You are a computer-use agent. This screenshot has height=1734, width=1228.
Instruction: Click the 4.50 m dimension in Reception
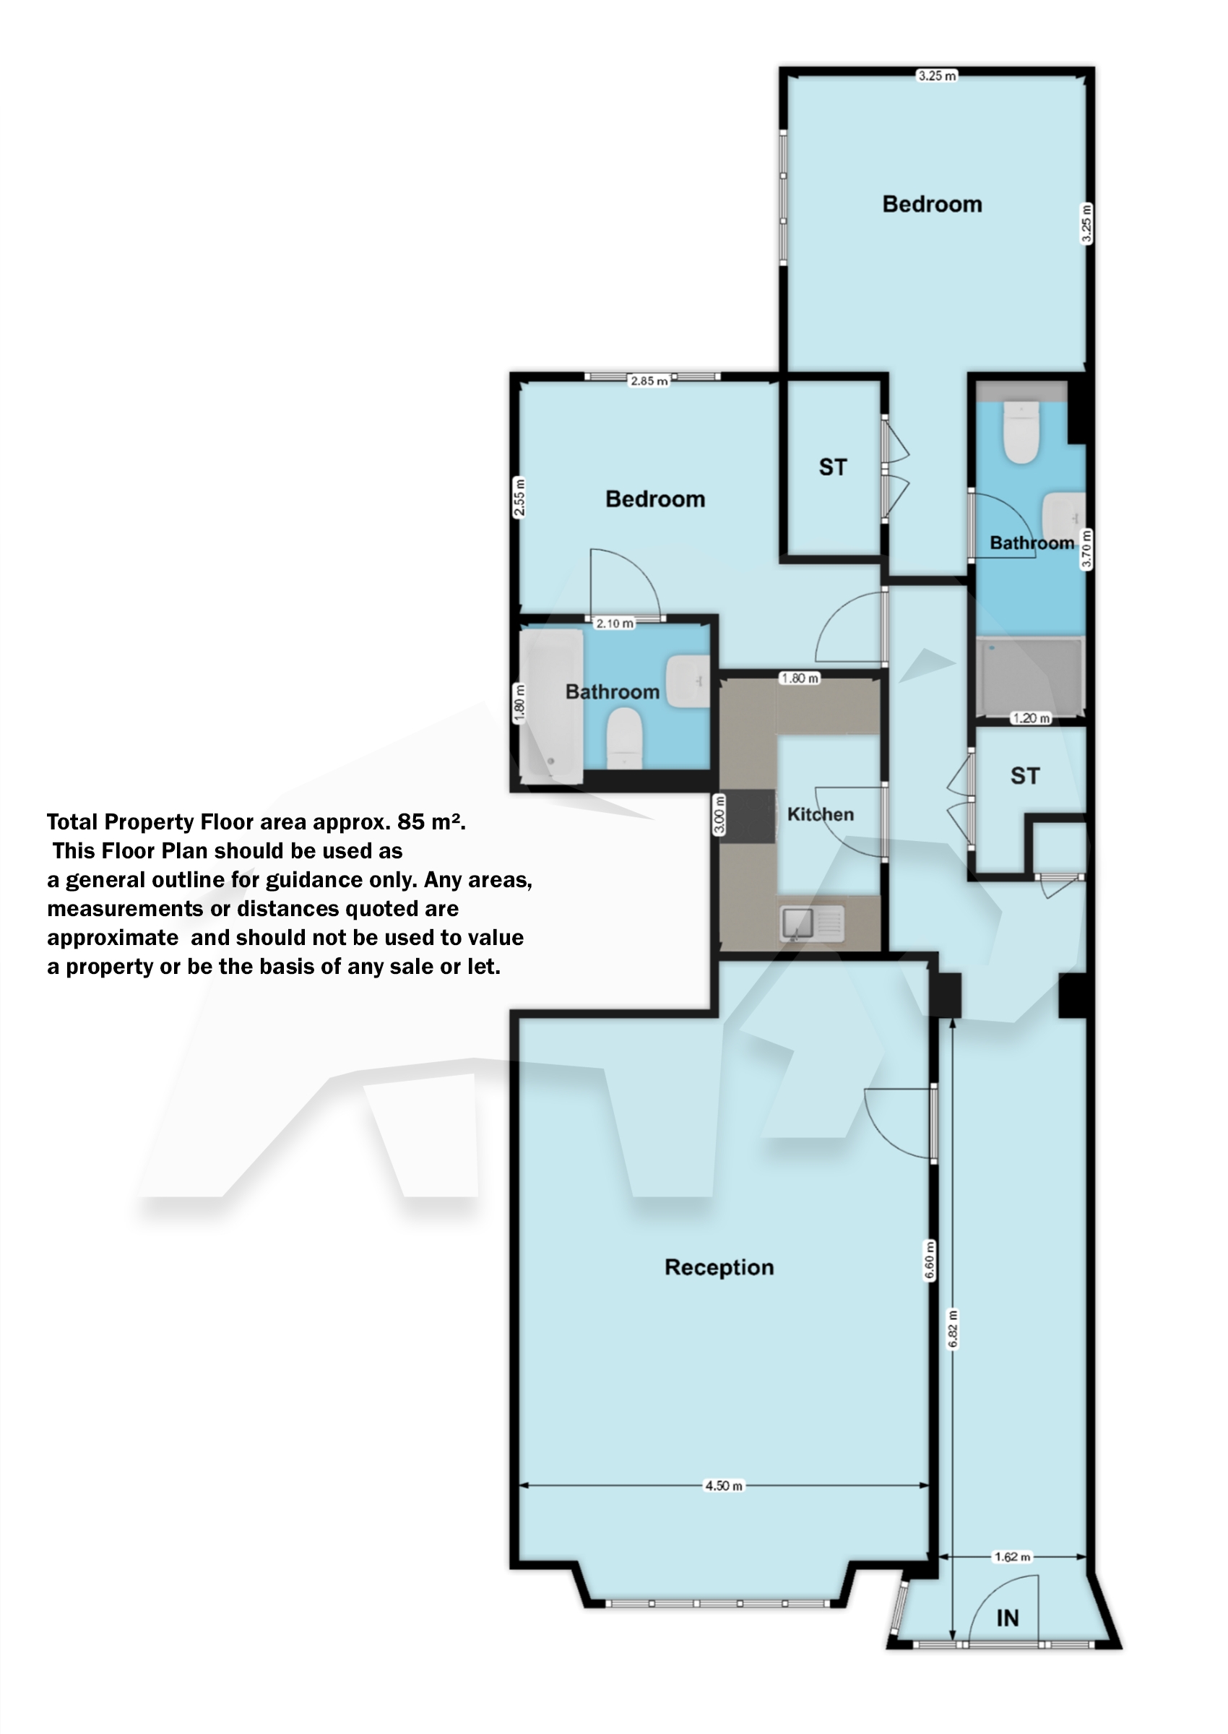point(724,1485)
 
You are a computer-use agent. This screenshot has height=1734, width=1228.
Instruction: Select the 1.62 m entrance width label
point(1012,1556)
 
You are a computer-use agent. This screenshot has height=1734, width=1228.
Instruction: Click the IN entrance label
point(1007,1618)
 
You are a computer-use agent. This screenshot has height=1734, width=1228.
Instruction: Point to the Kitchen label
point(821,814)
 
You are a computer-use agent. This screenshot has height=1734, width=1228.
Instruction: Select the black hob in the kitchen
point(747,816)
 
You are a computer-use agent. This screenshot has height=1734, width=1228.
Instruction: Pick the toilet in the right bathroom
point(1021,433)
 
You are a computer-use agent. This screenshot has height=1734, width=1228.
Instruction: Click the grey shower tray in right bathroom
point(1029,677)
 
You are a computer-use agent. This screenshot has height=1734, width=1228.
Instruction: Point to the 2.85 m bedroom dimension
point(649,380)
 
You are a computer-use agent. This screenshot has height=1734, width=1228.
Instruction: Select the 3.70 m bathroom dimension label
point(1086,548)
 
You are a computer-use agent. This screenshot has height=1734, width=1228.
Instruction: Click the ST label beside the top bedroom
point(833,467)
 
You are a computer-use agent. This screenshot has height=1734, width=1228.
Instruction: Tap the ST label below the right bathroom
point(1024,776)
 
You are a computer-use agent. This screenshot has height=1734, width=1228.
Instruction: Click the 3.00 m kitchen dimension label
point(719,814)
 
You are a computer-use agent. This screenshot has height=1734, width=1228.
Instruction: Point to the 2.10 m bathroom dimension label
point(614,623)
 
